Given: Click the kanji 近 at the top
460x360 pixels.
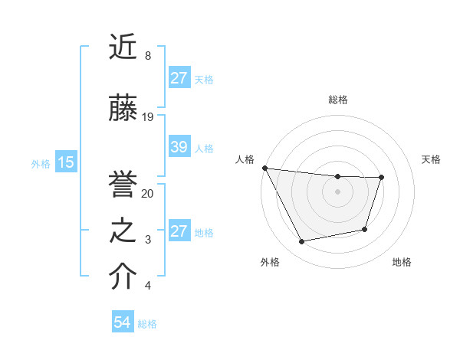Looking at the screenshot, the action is [x=123, y=47].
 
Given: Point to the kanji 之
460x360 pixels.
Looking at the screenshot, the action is [x=123, y=231].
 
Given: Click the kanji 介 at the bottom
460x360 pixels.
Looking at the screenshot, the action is [x=123, y=277].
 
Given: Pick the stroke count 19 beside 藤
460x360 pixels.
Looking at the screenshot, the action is [x=148, y=117].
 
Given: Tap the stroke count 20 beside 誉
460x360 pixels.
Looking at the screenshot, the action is [x=148, y=194].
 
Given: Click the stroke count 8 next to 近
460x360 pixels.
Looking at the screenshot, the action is [x=147, y=56].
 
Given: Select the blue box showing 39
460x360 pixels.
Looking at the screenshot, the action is [x=179, y=147].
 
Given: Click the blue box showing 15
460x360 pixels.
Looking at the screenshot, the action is [x=65, y=162].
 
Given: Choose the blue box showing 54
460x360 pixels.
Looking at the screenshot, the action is [x=122, y=322].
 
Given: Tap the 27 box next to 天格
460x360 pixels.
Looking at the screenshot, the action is [x=179, y=78].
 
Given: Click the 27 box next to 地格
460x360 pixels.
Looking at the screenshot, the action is [x=179, y=231].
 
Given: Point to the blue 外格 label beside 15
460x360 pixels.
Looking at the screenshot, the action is [x=41, y=163].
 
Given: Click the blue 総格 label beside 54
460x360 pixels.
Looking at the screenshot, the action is [x=147, y=324].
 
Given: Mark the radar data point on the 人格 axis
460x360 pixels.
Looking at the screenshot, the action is [x=264, y=168].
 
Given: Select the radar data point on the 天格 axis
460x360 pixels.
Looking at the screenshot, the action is [x=381, y=177].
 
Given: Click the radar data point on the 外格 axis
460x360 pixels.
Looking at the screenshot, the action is [x=301, y=242].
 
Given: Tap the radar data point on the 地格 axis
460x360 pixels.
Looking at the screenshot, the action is [x=365, y=229].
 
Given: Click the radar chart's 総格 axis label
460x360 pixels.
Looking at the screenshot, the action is [x=337, y=100].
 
